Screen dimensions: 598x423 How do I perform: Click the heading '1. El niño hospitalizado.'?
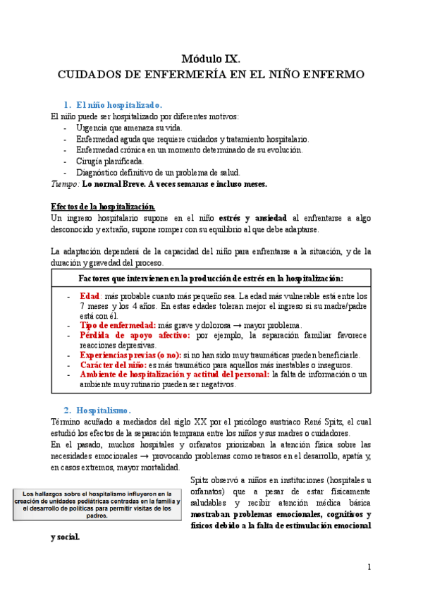point(123,104)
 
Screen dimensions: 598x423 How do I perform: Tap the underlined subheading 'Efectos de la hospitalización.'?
point(102,207)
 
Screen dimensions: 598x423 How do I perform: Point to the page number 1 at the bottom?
point(369,566)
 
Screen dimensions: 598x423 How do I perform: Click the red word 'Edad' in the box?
point(90,296)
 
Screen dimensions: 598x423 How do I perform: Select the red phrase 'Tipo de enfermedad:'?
point(118,325)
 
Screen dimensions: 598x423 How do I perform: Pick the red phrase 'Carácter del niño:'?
point(113,365)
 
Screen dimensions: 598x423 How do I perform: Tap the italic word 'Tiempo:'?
point(66,184)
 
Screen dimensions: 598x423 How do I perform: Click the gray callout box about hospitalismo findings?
point(97,504)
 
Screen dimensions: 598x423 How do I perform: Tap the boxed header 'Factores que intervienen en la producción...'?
point(211,278)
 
